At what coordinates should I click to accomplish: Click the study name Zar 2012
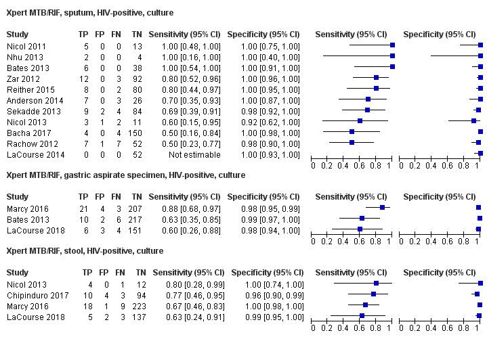[20, 78]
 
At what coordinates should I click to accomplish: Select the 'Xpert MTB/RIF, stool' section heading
[85, 251]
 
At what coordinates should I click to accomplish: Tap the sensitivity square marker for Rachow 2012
[352, 143]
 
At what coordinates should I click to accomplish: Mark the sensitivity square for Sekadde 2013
[366, 110]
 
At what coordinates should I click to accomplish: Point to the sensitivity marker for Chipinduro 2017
[374, 294]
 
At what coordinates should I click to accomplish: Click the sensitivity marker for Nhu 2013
[392, 56]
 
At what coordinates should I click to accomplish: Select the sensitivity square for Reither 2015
[376, 89]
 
